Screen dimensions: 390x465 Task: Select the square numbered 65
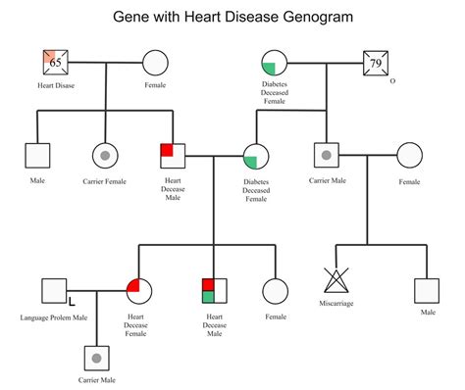coord(56,64)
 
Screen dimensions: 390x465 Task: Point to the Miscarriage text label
coord(338,303)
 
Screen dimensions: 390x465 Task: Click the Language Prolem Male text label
coord(54,317)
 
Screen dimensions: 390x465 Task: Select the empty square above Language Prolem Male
coord(55,291)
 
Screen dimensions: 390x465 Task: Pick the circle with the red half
coord(139,291)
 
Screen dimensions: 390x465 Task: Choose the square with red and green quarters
coord(214,290)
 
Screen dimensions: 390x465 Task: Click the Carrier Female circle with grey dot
coord(105,156)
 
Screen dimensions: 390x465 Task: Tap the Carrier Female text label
coord(105,180)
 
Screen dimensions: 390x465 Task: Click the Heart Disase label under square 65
coord(55,85)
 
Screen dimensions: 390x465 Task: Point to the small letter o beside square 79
coord(392,81)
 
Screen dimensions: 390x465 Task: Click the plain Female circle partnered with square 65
coord(156,64)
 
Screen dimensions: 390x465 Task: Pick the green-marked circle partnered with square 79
coord(275,64)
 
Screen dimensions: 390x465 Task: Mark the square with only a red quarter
coord(174,156)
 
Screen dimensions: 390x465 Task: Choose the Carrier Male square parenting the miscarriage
coord(326,156)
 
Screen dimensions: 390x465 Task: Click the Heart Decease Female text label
coord(138,325)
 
